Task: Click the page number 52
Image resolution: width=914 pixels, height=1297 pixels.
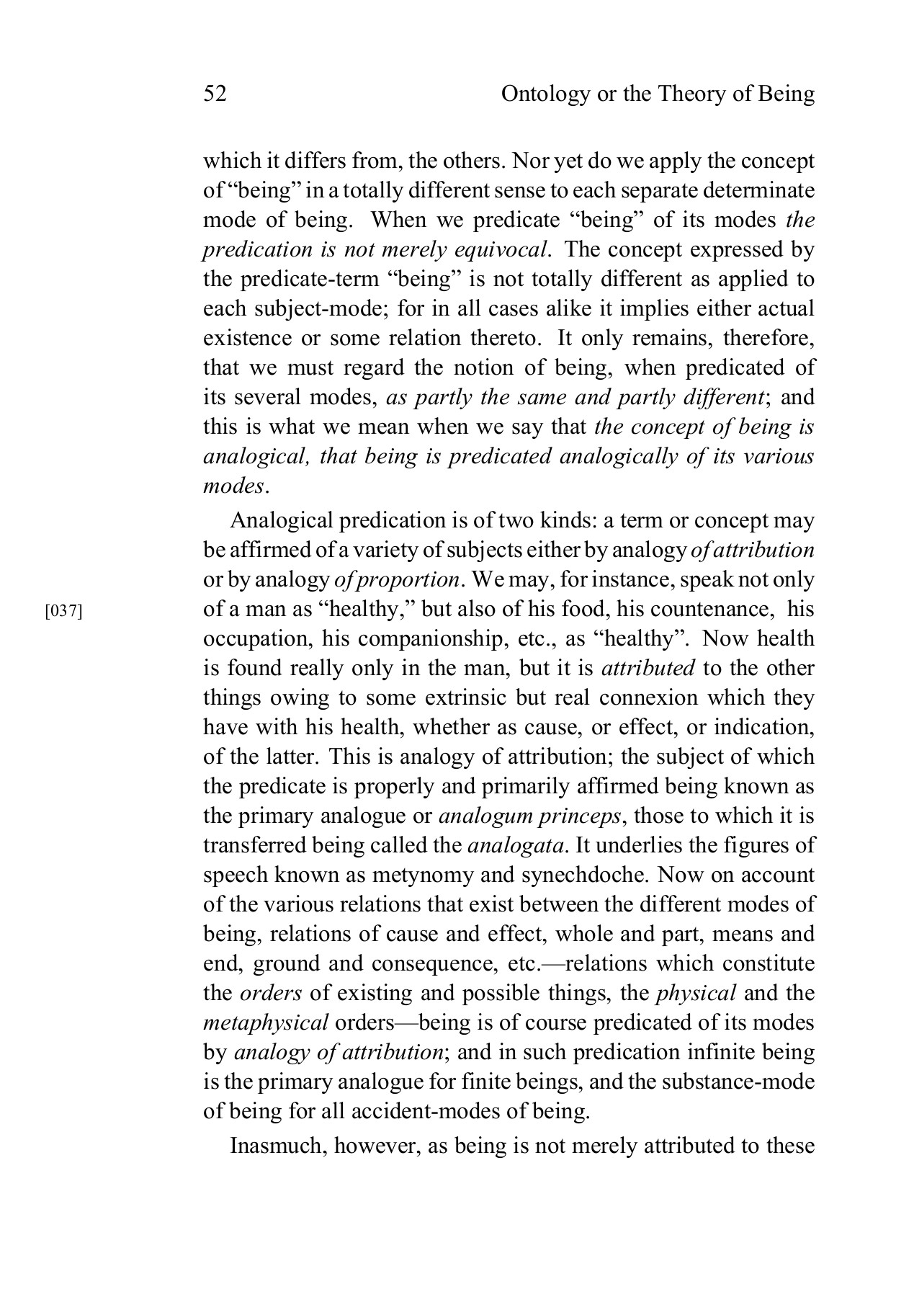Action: [215, 94]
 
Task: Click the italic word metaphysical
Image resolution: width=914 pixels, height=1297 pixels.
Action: [266, 1022]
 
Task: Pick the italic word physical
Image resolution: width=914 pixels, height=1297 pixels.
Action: [696, 993]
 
